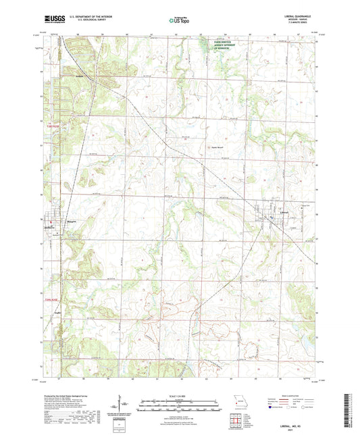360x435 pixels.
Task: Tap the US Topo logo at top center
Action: coord(180,21)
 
